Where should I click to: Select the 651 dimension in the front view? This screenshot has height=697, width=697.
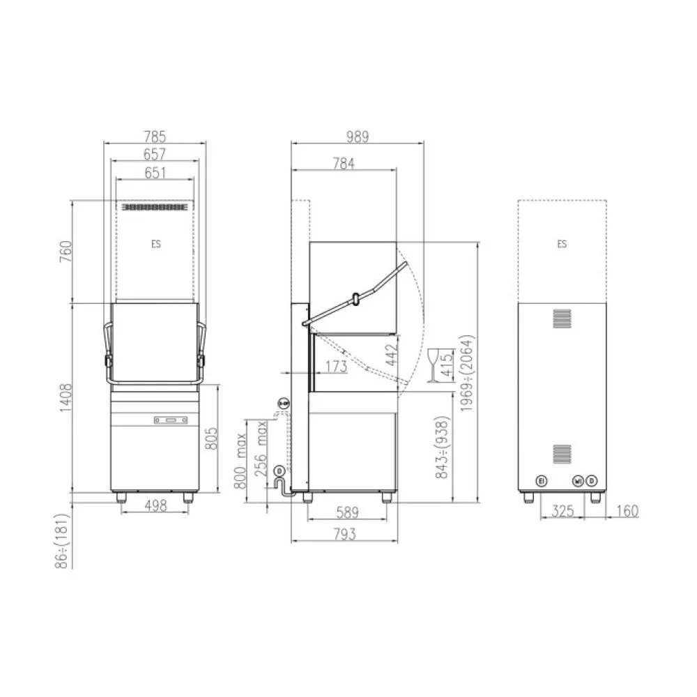[x=155, y=172]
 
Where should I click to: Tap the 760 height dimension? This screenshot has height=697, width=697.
[x=64, y=252]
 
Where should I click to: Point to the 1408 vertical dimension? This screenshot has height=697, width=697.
[x=64, y=397]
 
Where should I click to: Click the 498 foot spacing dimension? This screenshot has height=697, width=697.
[x=154, y=507]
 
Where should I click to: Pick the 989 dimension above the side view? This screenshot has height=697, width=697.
[x=357, y=136]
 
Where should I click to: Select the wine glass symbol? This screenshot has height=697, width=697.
[x=436, y=365]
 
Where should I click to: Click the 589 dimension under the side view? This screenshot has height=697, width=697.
[x=346, y=514]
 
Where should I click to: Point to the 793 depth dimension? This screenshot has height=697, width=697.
[x=344, y=535]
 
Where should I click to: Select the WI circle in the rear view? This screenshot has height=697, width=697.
[x=578, y=481]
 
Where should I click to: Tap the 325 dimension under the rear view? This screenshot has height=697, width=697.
[x=562, y=512]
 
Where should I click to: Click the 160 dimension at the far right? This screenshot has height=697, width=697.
[x=627, y=512]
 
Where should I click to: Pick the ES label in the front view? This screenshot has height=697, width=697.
[x=155, y=245]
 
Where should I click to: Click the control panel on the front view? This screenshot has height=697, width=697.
[x=169, y=420]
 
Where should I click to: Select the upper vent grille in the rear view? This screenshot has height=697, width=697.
[x=562, y=319]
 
